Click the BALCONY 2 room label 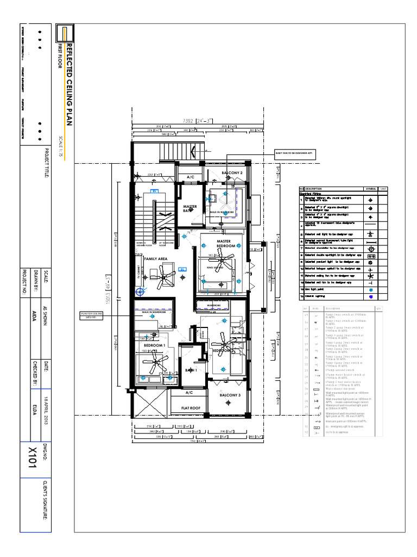231,173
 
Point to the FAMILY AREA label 155,259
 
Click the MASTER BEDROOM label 224,244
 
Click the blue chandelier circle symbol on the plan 141,292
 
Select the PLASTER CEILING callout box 91,315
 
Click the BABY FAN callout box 295,154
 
